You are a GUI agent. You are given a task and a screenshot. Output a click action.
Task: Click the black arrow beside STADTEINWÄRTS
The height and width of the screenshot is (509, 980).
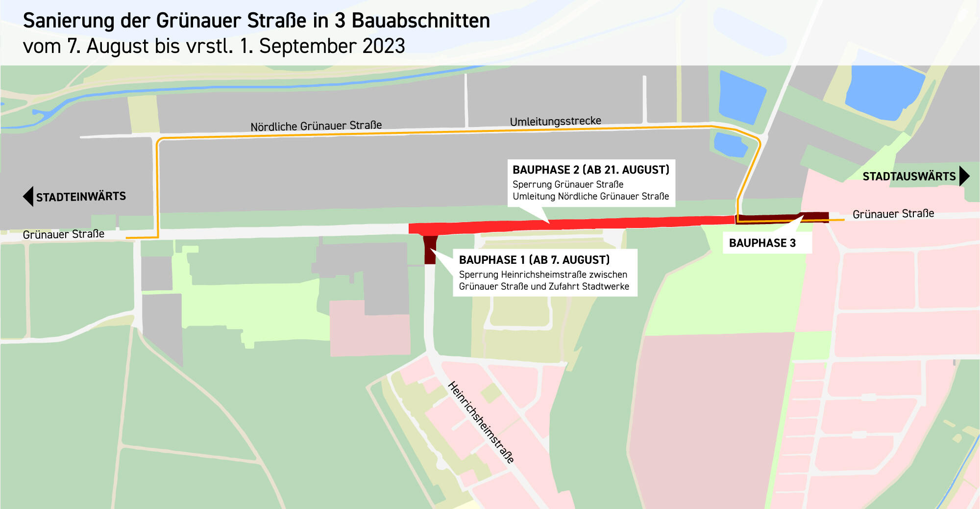coord(28,197)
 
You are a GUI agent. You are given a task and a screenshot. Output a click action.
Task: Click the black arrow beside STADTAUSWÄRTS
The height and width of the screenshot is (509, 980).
coord(964,176)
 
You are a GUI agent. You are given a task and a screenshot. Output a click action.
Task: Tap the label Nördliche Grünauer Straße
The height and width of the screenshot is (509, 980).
coord(316,126)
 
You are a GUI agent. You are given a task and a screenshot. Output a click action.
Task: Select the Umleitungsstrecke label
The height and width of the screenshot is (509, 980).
coord(555,121)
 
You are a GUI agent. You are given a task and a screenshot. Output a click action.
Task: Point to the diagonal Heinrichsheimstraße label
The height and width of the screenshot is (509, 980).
coord(481,422)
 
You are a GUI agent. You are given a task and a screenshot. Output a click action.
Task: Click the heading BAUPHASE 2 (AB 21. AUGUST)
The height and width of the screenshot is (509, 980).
coord(590,170)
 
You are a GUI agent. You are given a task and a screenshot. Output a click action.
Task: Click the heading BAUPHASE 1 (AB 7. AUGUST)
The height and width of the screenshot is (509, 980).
coord(534,260)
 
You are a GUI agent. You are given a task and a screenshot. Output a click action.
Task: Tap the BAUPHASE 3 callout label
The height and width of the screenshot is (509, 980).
coord(762,243)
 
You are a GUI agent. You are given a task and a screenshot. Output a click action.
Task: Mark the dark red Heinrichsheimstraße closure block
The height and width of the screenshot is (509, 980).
coord(430,250)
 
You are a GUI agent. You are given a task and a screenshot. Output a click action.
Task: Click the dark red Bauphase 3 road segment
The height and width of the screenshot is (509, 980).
coord(782,218)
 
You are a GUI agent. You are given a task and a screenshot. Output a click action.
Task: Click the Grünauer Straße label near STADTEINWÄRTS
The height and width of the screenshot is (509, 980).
coord(64,234)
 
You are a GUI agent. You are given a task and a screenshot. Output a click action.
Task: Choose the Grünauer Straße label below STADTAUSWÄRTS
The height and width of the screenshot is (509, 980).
coord(893,214)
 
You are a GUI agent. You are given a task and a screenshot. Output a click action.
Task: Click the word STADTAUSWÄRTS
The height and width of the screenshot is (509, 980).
coord(909,177)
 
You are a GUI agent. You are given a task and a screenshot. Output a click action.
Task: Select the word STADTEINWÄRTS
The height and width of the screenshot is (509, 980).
coord(81,197)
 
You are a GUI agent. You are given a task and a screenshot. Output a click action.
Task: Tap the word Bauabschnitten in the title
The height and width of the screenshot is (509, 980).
coord(420,21)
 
